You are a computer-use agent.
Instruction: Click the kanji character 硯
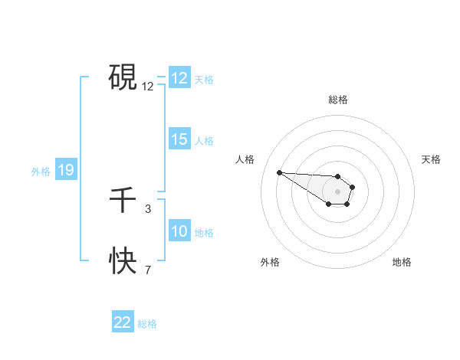[x=123, y=77]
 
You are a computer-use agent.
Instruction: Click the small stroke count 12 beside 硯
[x=148, y=87]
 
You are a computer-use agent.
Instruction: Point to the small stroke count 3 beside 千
[x=148, y=208]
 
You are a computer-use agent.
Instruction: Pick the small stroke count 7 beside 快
[x=148, y=270]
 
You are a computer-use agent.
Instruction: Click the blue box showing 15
[x=179, y=140]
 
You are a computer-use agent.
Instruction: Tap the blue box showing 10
[x=179, y=232]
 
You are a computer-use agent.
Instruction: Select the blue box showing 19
[x=65, y=171]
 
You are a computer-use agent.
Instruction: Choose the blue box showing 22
[x=123, y=322]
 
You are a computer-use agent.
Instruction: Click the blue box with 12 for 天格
[x=179, y=79]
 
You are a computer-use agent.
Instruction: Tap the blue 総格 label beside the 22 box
[x=147, y=324]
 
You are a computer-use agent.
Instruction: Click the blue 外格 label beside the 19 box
[x=41, y=172]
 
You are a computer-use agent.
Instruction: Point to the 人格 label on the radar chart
[x=245, y=159]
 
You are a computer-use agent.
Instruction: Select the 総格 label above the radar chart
[x=338, y=100]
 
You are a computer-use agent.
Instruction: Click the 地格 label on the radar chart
[x=402, y=262]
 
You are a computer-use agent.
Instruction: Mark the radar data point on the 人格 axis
[x=279, y=172]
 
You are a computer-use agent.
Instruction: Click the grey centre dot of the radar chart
[x=337, y=191]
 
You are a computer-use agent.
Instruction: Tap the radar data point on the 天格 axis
[x=352, y=187]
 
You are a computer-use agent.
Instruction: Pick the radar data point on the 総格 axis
[x=337, y=175]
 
